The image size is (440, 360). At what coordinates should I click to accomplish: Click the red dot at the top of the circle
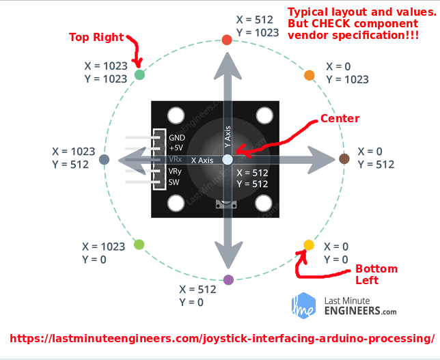tap(228, 40)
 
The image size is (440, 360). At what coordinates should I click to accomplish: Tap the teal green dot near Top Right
tap(139, 74)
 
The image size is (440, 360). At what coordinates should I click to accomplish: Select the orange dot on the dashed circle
tap(309, 74)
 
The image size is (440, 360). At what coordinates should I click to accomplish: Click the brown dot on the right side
tap(344, 159)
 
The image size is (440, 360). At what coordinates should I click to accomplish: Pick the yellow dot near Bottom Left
tap(308, 245)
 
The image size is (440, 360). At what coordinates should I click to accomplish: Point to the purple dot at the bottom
tap(228, 279)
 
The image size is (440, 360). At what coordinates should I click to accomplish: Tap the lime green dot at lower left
tap(139, 244)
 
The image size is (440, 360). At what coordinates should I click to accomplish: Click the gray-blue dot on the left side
tap(105, 159)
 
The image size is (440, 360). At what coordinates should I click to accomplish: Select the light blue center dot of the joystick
tap(228, 159)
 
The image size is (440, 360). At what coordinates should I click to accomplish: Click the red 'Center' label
tap(340, 118)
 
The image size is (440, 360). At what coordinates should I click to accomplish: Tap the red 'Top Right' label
tap(96, 37)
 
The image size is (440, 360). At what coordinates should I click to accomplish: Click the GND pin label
tap(176, 137)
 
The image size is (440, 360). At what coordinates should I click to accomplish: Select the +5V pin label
tap(176, 148)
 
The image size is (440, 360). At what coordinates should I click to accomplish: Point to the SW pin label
tap(174, 182)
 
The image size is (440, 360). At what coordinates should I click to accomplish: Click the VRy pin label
tap(176, 171)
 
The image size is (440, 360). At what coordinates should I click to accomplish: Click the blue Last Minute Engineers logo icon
tap(303, 305)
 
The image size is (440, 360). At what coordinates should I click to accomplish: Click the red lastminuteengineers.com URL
tap(222, 338)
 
